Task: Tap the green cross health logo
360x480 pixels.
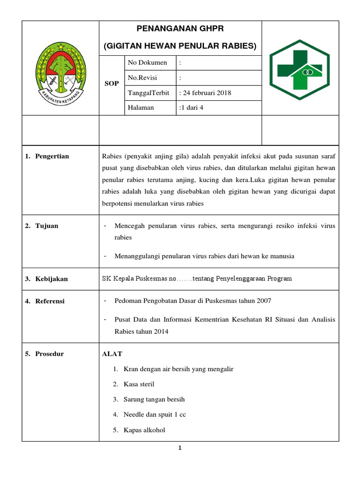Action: coord(300,68)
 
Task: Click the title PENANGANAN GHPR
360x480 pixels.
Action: coord(180,29)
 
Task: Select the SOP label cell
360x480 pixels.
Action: coord(112,83)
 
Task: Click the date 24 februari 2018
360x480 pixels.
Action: coord(205,93)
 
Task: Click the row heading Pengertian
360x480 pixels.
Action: coord(52,156)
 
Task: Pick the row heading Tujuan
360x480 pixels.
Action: coord(47,225)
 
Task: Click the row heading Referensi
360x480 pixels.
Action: coord(50,301)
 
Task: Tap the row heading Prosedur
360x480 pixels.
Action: coord(49,354)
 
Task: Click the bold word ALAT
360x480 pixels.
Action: coord(112,354)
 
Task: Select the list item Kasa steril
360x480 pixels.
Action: coord(139,384)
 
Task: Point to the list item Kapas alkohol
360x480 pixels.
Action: coord(144,430)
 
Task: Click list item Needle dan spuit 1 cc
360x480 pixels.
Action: coord(155,415)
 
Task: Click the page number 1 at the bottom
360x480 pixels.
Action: coord(180,448)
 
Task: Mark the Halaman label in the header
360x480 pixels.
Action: coord(141,108)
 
